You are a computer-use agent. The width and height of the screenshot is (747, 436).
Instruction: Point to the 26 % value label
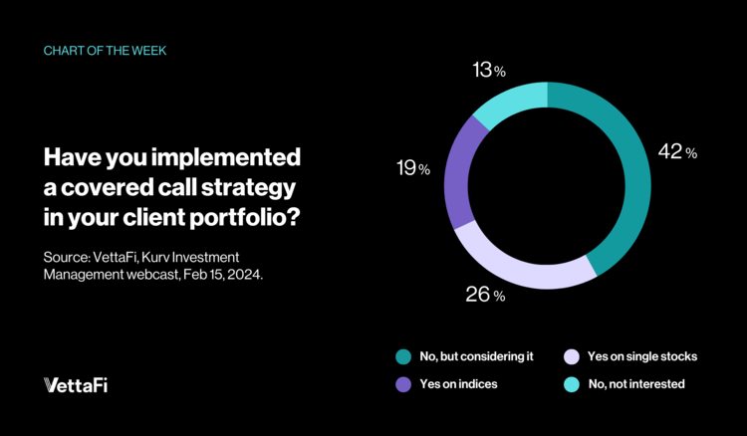tap(486, 295)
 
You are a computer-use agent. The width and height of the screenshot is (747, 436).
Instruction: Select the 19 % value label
tap(409, 169)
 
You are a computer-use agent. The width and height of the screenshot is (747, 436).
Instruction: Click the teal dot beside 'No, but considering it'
tap(402, 355)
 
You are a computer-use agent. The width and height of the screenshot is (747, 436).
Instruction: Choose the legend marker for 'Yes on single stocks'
tap(571, 355)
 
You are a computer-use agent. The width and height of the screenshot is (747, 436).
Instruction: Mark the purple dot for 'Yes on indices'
tap(402, 382)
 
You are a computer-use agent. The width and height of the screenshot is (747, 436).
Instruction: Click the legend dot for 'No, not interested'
tap(571, 382)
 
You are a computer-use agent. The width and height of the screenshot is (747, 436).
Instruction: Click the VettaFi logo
tap(76, 385)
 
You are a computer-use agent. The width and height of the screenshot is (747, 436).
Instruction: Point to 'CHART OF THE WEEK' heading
tap(104, 48)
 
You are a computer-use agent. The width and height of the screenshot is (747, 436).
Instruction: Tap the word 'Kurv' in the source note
tap(186, 256)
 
